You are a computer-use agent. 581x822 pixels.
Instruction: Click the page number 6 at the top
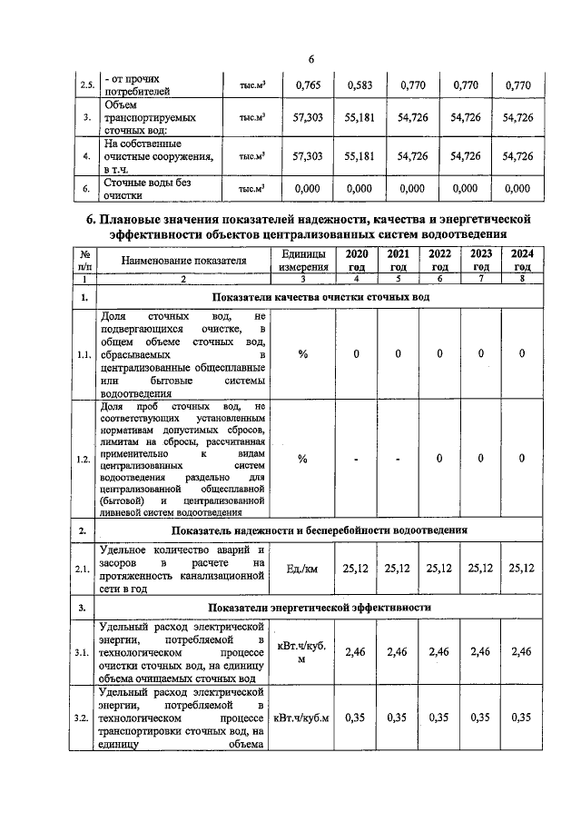click(310, 60)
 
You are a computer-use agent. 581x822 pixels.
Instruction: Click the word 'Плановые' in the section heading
click(146, 221)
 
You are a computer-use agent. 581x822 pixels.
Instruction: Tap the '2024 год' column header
click(522, 260)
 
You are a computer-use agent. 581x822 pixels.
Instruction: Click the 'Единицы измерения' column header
click(302, 260)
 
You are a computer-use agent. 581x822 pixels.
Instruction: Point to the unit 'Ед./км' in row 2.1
click(302, 569)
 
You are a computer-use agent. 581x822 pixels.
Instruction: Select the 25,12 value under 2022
click(439, 569)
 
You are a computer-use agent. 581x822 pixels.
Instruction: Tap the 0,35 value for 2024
click(522, 718)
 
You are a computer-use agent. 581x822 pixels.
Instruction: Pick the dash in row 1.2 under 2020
click(356, 460)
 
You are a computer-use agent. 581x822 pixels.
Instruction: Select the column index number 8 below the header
click(522, 281)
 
